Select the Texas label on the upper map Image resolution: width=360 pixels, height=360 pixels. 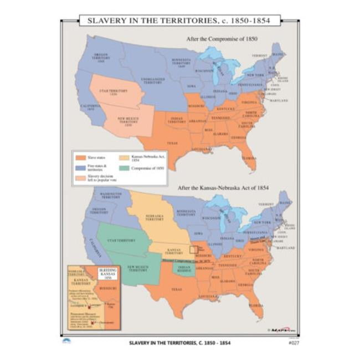pos(172,142)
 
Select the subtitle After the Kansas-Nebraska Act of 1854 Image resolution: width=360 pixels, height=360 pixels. pos(223,187)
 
